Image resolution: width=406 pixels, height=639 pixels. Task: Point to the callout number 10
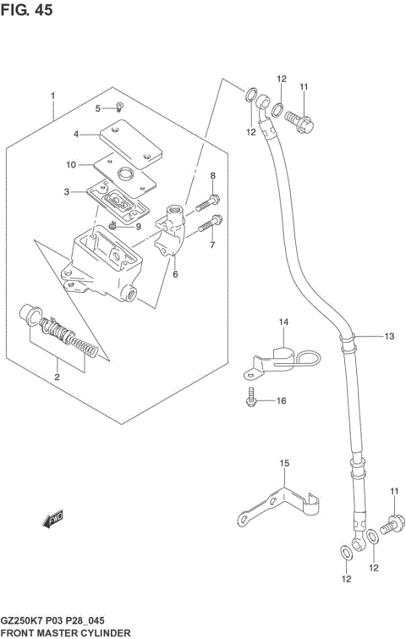[x=71, y=164]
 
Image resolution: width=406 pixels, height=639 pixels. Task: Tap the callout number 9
[x=137, y=226]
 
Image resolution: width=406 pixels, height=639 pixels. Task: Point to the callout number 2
[x=57, y=377]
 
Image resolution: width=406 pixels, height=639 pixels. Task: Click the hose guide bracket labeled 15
[x=279, y=505]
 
